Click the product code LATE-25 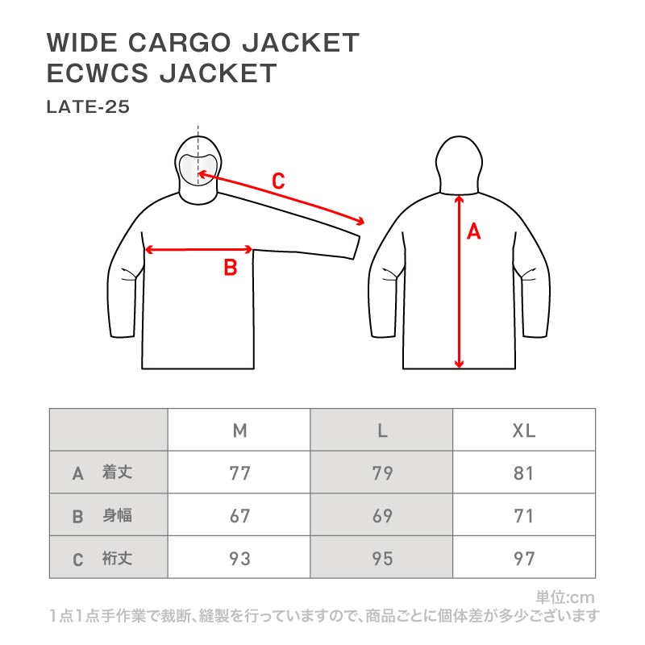point(88,106)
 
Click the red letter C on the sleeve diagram point(277,181)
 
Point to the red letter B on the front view point(230,268)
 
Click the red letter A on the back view point(474,232)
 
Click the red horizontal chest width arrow point(199,250)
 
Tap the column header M point(239,431)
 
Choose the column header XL point(524,431)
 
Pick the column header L point(382,431)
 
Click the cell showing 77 point(239,473)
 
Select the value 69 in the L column point(382,516)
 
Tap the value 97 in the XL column point(524,558)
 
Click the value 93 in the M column point(239,558)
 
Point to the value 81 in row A point(524,473)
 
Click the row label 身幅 point(117,516)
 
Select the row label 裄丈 point(117,558)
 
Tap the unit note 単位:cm point(564,597)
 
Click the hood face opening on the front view point(198,167)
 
